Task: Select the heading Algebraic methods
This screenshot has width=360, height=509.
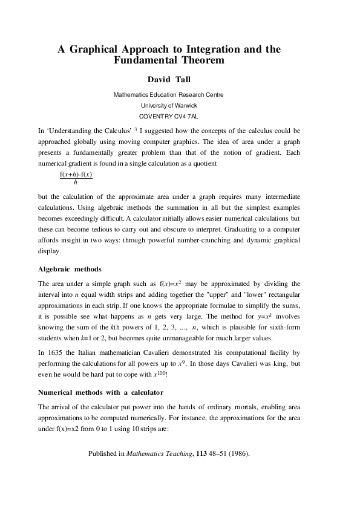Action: pyautogui.click(x=70, y=268)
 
